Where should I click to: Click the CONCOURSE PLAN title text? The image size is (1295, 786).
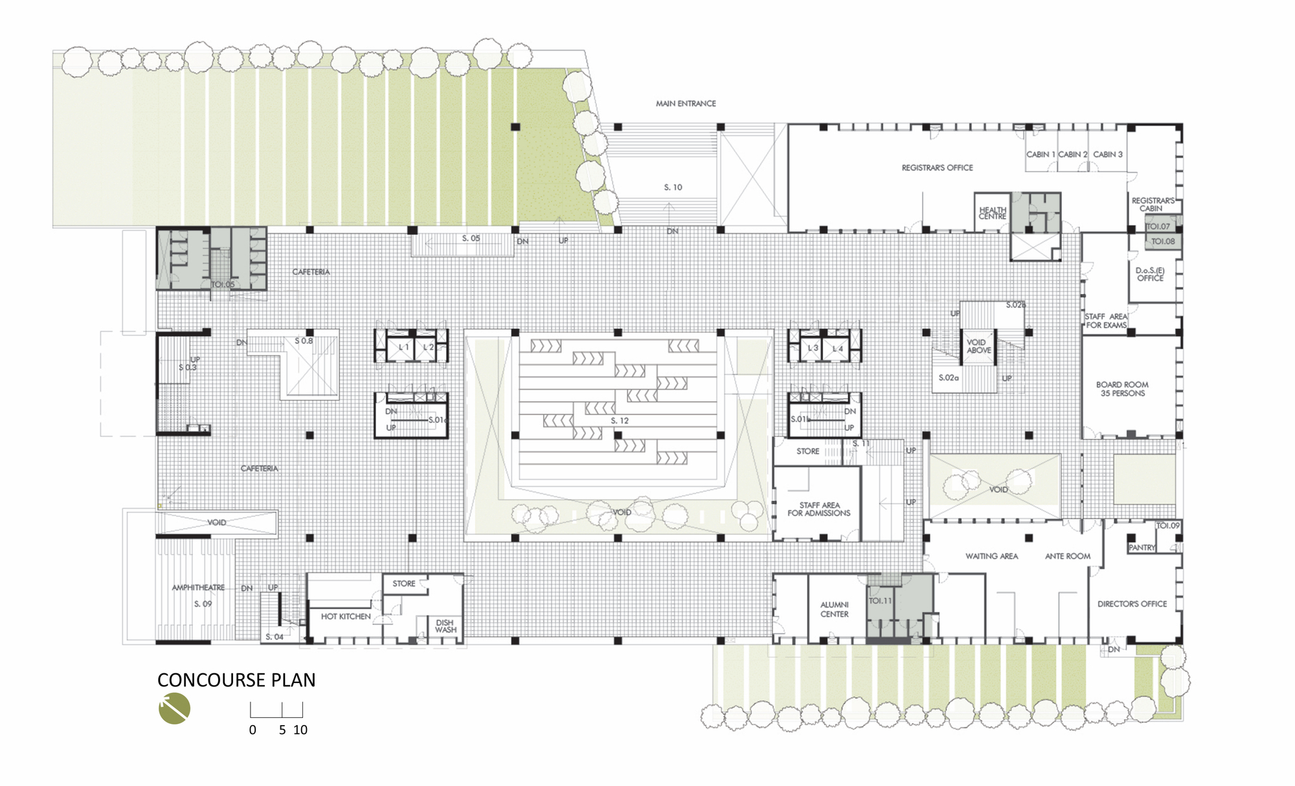point(236,680)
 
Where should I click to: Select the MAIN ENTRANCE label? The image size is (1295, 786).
point(686,103)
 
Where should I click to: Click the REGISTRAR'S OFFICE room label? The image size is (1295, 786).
point(937,168)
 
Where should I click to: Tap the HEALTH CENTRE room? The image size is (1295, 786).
point(993,213)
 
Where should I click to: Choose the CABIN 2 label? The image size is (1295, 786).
point(1073,154)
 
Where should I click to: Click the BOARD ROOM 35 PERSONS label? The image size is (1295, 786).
point(1122,388)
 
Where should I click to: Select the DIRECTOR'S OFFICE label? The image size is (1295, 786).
point(1132,603)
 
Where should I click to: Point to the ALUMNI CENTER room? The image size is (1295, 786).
point(834,609)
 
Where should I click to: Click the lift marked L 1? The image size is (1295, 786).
point(403,348)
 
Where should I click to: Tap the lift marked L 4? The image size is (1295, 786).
point(837,348)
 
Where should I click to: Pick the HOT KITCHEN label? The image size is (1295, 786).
point(346,616)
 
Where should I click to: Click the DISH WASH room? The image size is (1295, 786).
point(445,626)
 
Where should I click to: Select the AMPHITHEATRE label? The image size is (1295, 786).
point(198,588)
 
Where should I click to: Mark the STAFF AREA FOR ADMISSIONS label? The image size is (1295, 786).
point(819,509)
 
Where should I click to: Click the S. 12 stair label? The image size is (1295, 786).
point(620,421)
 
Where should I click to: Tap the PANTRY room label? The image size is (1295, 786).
point(1142,548)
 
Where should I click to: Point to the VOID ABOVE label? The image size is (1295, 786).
point(978,346)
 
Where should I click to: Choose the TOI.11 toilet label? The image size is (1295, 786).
point(880,601)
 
